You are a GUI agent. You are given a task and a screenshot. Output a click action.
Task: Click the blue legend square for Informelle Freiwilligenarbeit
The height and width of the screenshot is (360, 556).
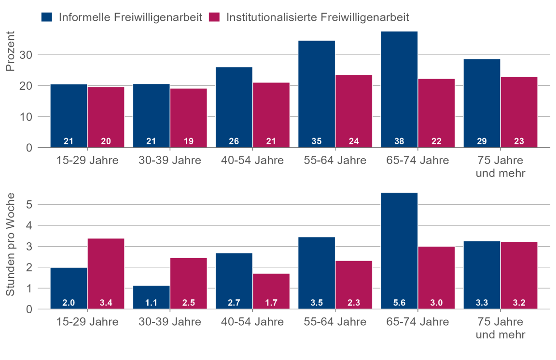pyautogui.click(x=47, y=17)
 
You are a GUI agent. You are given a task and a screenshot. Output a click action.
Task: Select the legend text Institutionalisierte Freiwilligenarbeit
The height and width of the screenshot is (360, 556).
pyautogui.click(x=318, y=17)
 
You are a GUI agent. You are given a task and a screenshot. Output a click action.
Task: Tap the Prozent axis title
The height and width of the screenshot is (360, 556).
pyautogui.click(x=11, y=52)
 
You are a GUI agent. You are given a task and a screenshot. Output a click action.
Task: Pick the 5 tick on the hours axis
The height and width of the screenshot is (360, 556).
pyautogui.click(x=29, y=205)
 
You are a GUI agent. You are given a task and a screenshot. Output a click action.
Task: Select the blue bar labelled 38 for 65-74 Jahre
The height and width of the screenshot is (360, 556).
pyautogui.click(x=399, y=87)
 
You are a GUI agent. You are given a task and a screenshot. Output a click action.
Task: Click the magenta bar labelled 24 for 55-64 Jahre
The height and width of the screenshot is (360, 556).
pyautogui.click(x=354, y=109)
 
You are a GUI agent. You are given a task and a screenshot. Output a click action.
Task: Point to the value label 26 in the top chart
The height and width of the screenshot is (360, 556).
pyautogui.click(x=234, y=142)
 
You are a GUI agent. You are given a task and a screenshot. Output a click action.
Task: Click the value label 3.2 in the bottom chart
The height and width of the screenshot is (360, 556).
pyautogui.click(x=519, y=304)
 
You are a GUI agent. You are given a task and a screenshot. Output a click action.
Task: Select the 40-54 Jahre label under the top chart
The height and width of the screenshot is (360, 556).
pyautogui.click(x=252, y=160)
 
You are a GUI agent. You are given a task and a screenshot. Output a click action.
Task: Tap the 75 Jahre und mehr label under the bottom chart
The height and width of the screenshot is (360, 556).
pyautogui.click(x=500, y=328)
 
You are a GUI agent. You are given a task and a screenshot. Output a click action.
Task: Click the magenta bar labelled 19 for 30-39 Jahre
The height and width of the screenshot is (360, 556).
pyautogui.click(x=188, y=116)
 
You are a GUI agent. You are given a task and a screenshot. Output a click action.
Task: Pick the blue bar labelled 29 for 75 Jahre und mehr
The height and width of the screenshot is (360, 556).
pyautogui.click(x=482, y=101)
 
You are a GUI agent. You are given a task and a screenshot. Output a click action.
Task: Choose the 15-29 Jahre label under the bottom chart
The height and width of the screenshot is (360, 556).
pyautogui.click(x=87, y=322)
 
